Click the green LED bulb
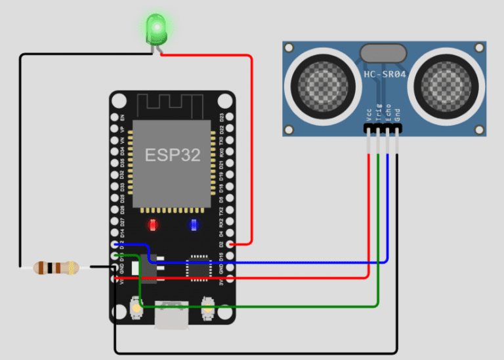[156, 28]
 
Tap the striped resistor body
[56, 267]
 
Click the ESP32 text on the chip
[173, 155]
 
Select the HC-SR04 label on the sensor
[386, 74]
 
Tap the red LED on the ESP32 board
[153, 225]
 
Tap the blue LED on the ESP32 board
[194, 225]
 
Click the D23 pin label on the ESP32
[221, 117]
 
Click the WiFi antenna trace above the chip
[172, 105]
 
